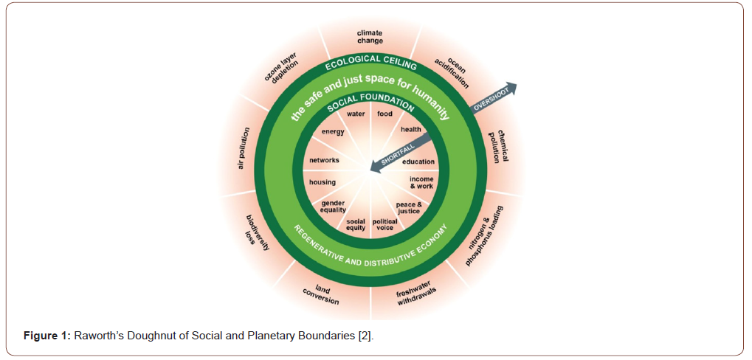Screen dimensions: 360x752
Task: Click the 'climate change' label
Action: click(370, 37)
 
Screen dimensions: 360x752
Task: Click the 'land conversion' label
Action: click(321, 295)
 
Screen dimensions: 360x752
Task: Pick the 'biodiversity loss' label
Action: click(257, 232)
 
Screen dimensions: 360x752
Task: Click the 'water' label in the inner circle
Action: click(356, 114)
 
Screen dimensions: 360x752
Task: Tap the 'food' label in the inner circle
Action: click(384, 114)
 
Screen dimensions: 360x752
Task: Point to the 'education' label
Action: click(418, 162)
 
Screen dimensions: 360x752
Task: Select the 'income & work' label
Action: click(421, 182)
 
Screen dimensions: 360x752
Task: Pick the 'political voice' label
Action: click(384, 224)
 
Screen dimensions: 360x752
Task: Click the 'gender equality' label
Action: click(333, 207)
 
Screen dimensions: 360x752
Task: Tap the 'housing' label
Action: click(322, 182)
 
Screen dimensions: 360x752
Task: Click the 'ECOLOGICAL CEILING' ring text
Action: click(371, 62)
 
